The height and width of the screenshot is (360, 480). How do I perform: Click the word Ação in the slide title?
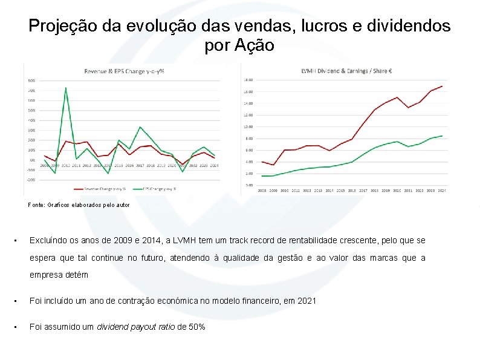pyautogui.click(x=258, y=45)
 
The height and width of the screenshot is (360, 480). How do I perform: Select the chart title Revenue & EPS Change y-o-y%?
pyautogui.click(x=124, y=71)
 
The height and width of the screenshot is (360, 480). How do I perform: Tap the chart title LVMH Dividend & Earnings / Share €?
pyautogui.click(x=346, y=71)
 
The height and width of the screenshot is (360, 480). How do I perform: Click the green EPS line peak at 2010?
pyautogui.click(x=65, y=88)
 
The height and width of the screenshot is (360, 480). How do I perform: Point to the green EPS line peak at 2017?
pyautogui.click(x=140, y=127)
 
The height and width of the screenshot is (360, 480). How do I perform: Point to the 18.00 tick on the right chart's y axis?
pyautogui.click(x=248, y=80)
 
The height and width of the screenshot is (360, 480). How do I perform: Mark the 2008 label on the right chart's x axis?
pyautogui.click(x=262, y=191)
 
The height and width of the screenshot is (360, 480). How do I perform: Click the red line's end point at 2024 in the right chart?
pyautogui.click(x=442, y=86)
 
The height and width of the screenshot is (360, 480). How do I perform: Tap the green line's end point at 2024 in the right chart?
pyautogui.click(x=442, y=136)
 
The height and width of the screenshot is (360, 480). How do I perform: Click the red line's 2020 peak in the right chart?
pyautogui.click(x=397, y=97)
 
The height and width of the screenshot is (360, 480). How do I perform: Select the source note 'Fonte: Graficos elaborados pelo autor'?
pyautogui.click(x=79, y=205)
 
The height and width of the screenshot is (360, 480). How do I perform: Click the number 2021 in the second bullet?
pyautogui.click(x=306, y=301)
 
